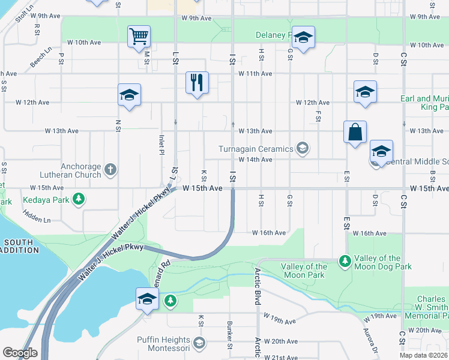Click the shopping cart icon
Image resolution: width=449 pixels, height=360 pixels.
click(x=139, y=36)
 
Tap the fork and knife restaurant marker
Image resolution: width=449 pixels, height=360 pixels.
click(x=197, y=82)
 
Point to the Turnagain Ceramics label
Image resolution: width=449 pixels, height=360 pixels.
click(x=256, y=148)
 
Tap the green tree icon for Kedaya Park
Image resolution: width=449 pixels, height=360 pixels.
click(x=78, y=199)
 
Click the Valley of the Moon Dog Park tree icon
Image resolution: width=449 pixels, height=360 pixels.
click(x=345, y=261)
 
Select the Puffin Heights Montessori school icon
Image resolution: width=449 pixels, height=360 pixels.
click(x=199, y=343)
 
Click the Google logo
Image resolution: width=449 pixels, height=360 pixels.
click(x=20, y=352)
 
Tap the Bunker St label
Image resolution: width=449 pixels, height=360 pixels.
click(x=230, y=338)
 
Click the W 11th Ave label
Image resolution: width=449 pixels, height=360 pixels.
click(x=255, y=73)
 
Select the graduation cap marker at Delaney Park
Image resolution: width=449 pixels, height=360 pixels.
click(x=303, y=37)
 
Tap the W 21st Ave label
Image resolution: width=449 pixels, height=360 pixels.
click(x=281, y=357)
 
